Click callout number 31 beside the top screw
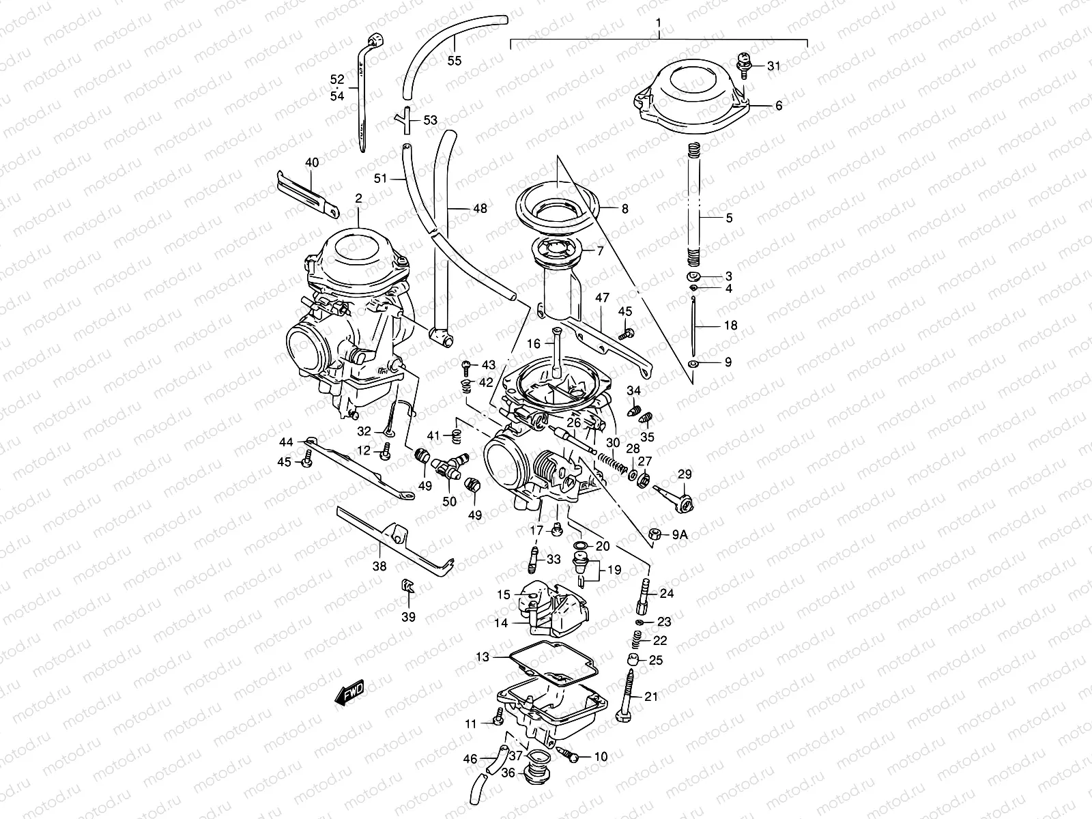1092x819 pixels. pyautogui.click(x=773, y=66)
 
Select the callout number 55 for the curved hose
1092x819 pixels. pyautogui.click(x=454, y=61)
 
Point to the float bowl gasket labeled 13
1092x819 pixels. pyautogui.click(x=549, y=661)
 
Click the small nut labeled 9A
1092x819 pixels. pyautogui.click(x=653, y=535)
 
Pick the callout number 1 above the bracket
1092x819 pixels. pyautogui.click(x=659, y=23)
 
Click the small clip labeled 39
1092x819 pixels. pyautogui.click(x=407, y=586)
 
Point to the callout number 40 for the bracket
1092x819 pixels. pyautogui.click(x=311, y=162)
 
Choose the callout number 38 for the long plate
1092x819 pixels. pyautogui.click(x=379, y=565)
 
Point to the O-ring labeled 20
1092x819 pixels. pyautogui.click(x=581, y=546)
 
